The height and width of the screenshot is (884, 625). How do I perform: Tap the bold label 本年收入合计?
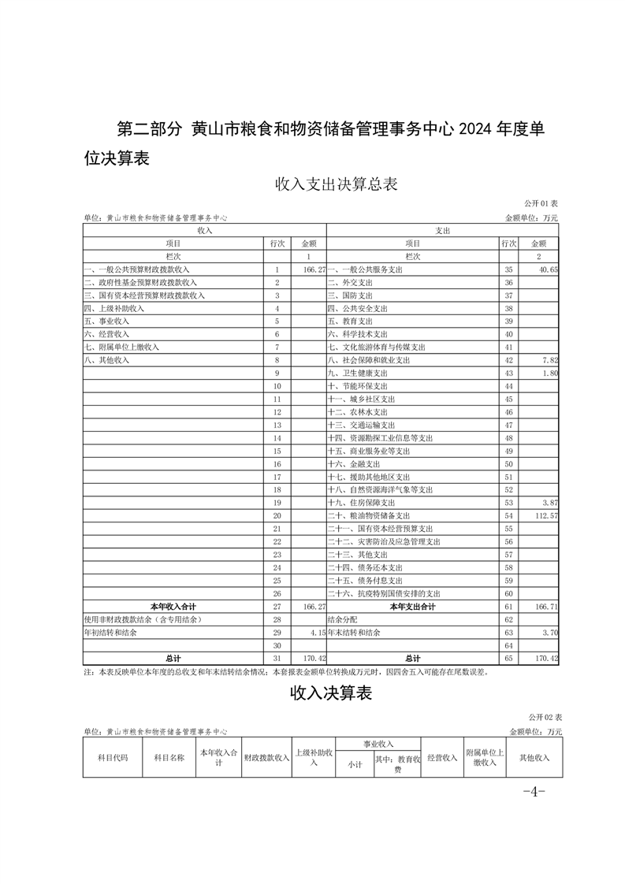(173, 606)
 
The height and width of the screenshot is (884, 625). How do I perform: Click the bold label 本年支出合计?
(412, 606)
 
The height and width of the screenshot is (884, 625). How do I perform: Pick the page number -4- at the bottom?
(534, 791)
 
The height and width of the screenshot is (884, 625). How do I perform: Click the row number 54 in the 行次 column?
(508, 514)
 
